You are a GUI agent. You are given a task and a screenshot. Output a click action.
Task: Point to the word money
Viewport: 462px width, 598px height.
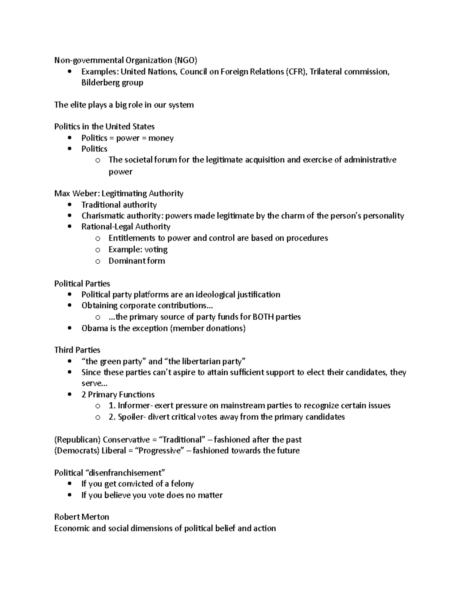click(x=161, y=138)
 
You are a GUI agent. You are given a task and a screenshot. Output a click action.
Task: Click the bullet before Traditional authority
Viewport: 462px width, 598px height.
click(x=69, y=205)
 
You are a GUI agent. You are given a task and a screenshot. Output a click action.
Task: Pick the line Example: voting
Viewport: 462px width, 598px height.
click(x=138, y=250)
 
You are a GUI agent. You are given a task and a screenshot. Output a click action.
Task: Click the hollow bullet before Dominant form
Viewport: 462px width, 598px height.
click(x=97, y=261)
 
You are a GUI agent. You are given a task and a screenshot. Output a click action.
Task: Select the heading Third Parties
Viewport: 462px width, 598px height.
click(x=77, y=350)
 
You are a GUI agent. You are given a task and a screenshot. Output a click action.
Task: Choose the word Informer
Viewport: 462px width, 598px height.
click(x=135, y=405)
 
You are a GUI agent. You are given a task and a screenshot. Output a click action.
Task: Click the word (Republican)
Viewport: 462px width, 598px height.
click(x=77, y=440)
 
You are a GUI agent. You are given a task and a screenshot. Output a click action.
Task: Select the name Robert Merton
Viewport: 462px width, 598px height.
click(x=82, y=517)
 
